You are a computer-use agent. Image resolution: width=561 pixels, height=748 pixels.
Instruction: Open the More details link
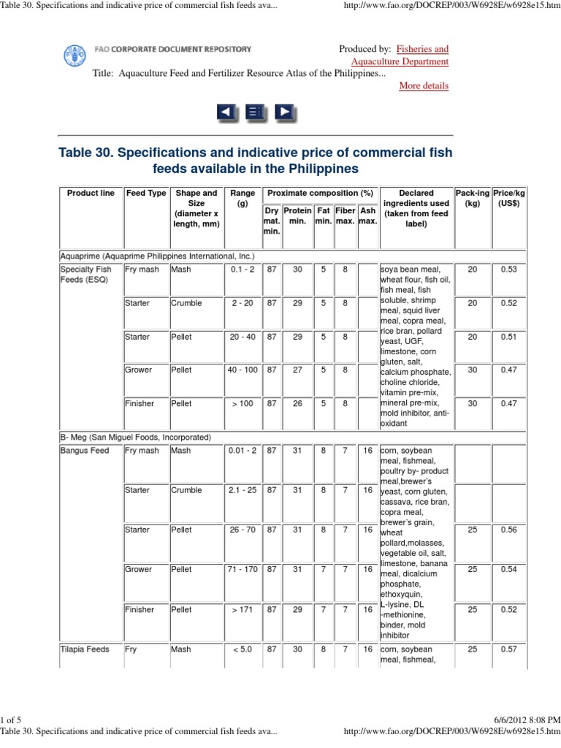coord(424,85)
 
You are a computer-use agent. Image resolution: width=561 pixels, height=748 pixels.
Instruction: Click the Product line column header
coord(91,193)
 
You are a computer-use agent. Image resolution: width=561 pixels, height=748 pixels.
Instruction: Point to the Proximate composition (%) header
coord(320,193)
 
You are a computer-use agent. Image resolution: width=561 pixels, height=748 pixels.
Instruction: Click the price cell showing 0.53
coord(509,270)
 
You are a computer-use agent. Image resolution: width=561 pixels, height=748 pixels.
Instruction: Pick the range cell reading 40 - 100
coord(243,370)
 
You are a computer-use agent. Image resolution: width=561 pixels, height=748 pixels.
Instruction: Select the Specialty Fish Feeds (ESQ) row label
coord(86,275)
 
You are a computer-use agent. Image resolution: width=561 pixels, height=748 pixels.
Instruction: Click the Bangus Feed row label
coord(85,451)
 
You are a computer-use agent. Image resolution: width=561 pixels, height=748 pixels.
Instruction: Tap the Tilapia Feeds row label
coord(85,649)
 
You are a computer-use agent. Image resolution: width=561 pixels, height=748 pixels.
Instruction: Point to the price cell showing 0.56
coord(509,530)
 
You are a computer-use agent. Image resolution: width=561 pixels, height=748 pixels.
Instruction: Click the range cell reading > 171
coord(243,609)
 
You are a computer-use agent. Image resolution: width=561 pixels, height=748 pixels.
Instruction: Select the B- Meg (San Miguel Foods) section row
coord(136,437)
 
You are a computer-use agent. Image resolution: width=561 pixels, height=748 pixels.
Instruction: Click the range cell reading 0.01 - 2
coord(243,451)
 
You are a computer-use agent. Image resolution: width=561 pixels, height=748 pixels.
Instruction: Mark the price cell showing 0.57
coord(509,649)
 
